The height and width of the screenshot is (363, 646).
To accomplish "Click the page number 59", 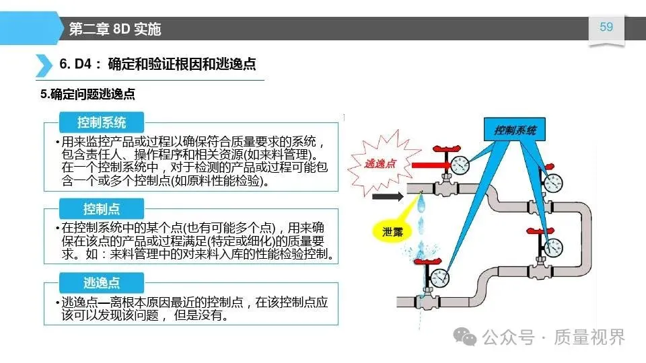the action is tap(606, 27).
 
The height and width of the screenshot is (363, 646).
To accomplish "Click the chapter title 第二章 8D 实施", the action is tap(115, 29).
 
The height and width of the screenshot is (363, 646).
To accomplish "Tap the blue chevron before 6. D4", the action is tap(44, 65).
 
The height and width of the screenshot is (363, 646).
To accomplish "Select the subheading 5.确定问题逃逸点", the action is tap(87, 95).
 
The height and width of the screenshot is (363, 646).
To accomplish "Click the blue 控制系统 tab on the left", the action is tap(101, 122).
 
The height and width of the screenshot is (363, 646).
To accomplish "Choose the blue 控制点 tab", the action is tap(101, 208).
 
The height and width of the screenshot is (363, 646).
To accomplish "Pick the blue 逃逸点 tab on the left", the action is tap(101, 282).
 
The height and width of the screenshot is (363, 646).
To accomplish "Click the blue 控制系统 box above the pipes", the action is tap(515, 130).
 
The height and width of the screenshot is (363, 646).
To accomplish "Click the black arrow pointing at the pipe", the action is tap(385, 198).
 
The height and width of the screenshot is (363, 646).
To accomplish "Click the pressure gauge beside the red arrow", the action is tap(460, 164).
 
